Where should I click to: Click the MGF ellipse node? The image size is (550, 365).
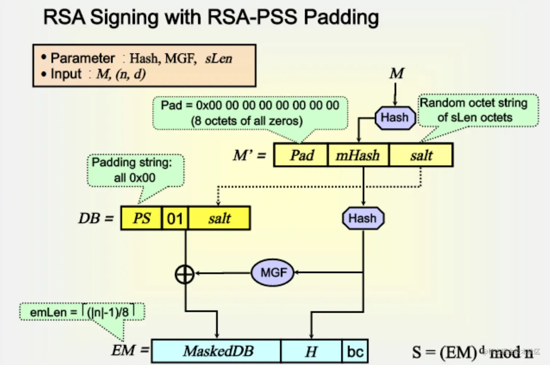(273, 273)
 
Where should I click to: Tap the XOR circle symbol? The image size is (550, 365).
(185, 274)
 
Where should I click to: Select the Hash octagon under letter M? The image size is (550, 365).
(395, 118)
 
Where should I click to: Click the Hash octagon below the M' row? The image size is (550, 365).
(363, 218)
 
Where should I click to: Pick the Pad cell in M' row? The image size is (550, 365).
(301, 155)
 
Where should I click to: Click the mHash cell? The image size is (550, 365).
(358, 155)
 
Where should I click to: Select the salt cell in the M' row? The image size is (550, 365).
(421, 155)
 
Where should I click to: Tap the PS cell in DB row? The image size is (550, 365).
(141, 218)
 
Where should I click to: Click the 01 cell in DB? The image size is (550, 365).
(175, 218)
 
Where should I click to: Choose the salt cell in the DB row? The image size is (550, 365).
(219, 218)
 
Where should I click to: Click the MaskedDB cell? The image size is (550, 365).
(217, 351)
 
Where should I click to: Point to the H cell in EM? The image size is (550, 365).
(311, 351)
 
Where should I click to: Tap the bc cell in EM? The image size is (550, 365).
(355, 351)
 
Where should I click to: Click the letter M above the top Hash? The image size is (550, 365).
(396, 74)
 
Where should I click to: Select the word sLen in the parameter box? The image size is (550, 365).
(218, 59)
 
